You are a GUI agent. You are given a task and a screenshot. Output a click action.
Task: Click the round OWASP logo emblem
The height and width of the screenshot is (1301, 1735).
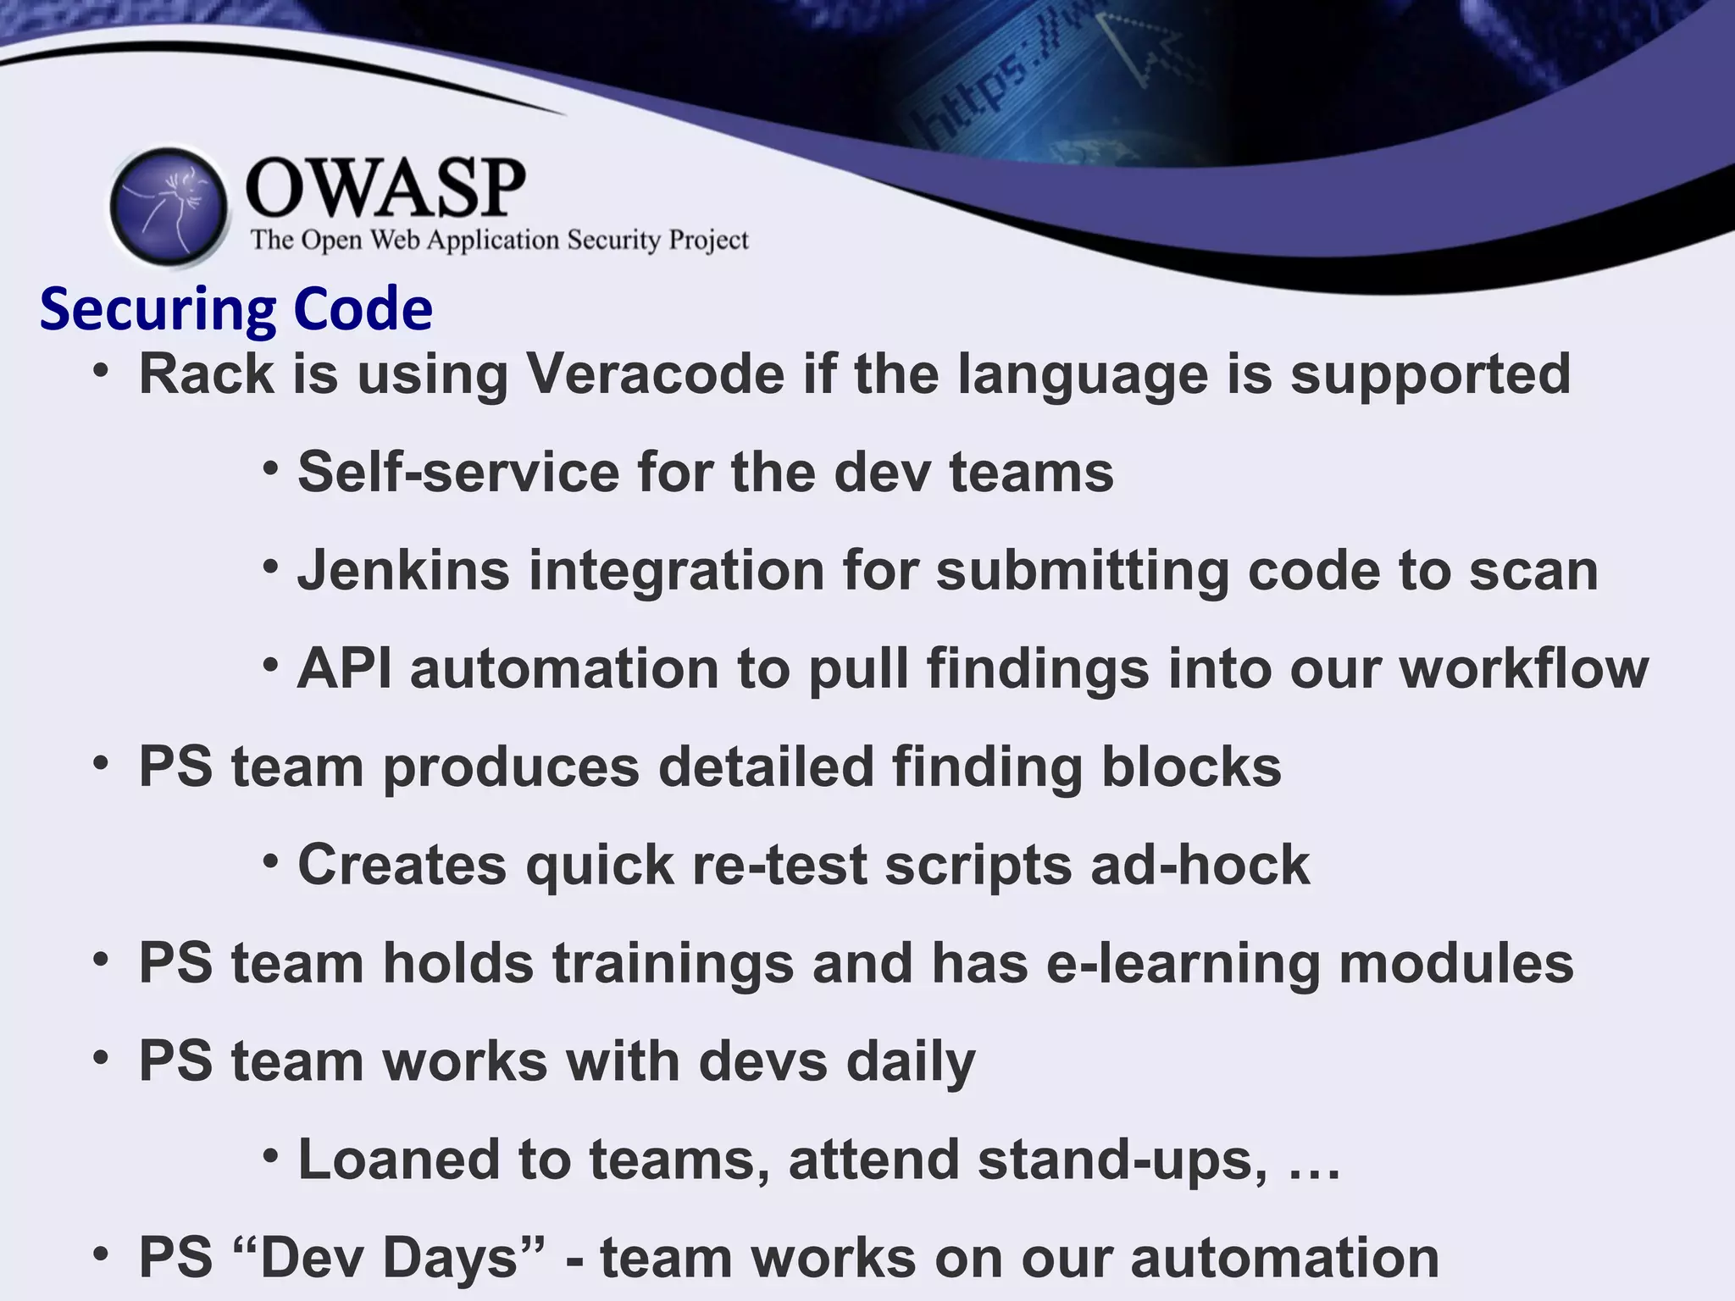[x=169, y=206]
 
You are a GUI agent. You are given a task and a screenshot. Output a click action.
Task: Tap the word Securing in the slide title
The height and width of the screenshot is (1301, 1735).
[x=158, y=310]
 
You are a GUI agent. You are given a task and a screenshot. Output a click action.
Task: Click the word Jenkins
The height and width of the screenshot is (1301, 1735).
[x=403, y=570]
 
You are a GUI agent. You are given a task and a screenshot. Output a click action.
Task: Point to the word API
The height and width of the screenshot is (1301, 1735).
[x=345, y=668]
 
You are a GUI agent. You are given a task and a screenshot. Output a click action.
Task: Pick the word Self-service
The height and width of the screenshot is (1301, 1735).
[x=458, y=472]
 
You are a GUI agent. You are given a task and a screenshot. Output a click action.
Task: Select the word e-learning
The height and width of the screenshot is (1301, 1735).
[x=1183, y=964]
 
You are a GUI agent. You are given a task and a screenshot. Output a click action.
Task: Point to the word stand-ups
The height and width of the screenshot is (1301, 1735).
[x=1122, y=1160]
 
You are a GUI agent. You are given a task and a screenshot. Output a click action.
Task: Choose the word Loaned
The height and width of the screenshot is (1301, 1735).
[x=398, y=1160]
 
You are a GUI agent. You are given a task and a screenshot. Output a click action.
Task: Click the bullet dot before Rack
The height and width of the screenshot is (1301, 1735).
[x=102, y=370]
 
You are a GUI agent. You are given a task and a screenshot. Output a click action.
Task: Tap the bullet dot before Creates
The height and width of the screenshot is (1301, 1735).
[x=270, y=862]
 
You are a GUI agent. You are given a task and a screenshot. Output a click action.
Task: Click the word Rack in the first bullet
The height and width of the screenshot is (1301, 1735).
[x=206, y=374]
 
